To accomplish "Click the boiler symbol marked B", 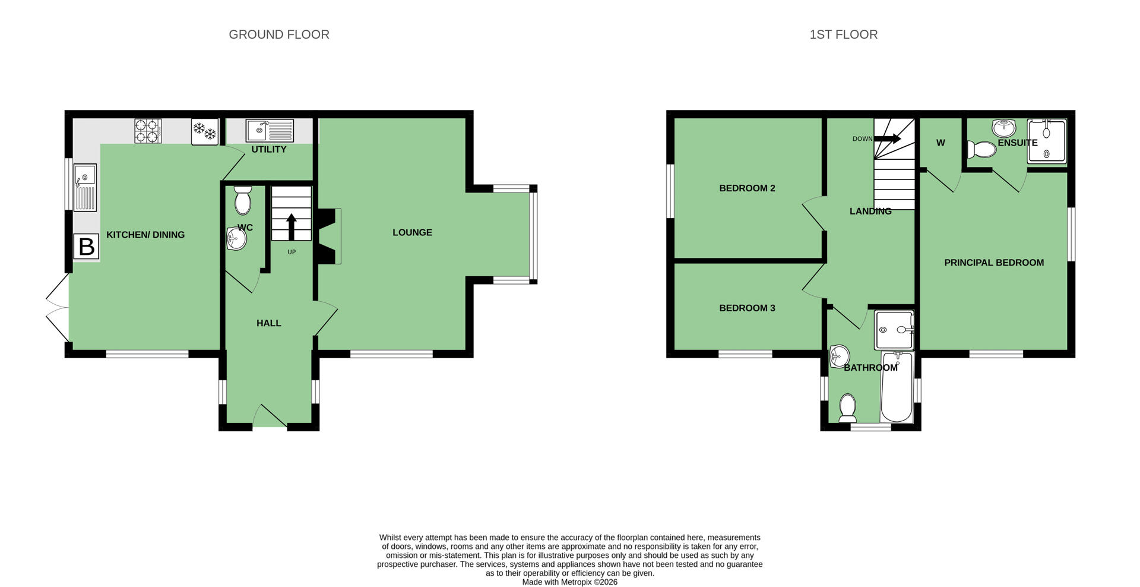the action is (86, 246).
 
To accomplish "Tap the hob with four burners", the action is (148, 131).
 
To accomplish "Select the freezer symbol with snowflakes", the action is (205, 132).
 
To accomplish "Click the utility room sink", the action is (270, 131).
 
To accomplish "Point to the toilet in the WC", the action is (243, 200).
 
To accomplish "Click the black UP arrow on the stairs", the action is (292, 227).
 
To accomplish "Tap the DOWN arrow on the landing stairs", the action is (888, 138).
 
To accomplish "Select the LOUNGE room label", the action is (412, 232).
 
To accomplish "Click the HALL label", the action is (268, 323).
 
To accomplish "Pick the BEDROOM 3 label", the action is (747, 308).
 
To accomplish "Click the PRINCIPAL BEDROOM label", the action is (994, 263).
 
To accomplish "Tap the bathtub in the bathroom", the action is (897, 386).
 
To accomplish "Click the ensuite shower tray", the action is (1047, 141).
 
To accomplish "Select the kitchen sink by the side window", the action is (85, 187).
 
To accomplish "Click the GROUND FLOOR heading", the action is (279, 34).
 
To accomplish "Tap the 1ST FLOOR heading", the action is (843, 34).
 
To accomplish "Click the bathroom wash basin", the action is (840, 356).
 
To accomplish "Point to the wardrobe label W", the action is (940, 143).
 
